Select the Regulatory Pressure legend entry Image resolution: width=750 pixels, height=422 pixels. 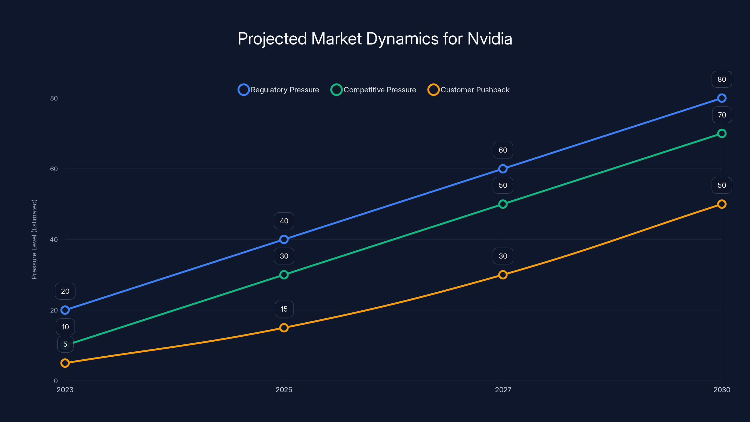(x=278, y=90)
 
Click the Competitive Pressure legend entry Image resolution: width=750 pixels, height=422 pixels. (x=373, y=90)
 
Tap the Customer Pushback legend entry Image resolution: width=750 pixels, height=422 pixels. (x=469, y=90)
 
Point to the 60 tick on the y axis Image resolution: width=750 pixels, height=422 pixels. (x=54, y=169)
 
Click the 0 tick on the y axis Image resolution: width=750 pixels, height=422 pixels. (x=56, y=381)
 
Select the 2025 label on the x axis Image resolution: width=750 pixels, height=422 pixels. (x=284, y=390)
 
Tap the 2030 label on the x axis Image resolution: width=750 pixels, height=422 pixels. (x=721, y=390)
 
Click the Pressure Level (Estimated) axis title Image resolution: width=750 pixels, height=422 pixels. (x=34, y=239)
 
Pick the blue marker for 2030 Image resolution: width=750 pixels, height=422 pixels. (x=721, y=98)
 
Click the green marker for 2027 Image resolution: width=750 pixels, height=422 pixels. (x=503, y=204)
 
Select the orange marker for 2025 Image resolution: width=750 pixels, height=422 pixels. (x=284, y=328)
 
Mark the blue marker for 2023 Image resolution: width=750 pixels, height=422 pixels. (x=65, y=310)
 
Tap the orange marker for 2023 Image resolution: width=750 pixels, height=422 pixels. (x=65, y=363)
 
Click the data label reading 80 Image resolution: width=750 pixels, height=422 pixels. (x=721, y=79)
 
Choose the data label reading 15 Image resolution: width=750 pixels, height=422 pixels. (x=284, y=309)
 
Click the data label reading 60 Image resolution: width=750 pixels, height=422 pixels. (x=503, y=150)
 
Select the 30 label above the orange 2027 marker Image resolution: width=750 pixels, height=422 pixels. (x=503, y=256)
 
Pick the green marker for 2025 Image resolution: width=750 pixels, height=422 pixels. (x=284, y=275)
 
